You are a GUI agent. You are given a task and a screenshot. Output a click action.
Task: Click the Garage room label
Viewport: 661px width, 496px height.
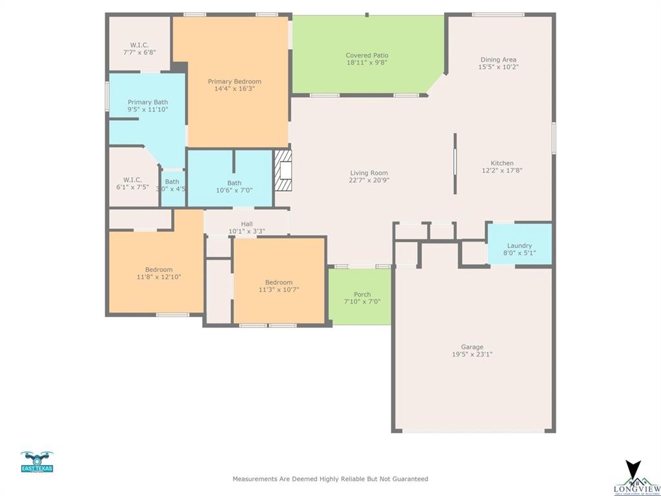coord(472,347)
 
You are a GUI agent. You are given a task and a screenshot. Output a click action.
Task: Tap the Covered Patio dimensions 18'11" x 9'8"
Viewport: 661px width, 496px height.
coord(367,63)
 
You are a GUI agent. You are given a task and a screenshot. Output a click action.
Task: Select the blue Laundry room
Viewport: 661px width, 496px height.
coord(519,244)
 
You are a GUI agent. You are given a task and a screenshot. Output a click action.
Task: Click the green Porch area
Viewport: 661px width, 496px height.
coord(360,296)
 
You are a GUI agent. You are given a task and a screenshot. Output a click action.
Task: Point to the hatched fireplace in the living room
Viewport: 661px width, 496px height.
coord(283,170)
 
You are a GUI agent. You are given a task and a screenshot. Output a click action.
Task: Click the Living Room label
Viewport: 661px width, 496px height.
coord(369,172)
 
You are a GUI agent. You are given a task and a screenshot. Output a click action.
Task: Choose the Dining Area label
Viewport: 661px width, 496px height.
coord(498,59)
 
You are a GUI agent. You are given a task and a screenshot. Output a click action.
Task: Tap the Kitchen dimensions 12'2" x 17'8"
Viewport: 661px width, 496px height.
coord(502,171)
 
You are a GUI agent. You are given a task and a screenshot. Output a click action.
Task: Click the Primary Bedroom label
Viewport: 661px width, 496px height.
coord(234,81)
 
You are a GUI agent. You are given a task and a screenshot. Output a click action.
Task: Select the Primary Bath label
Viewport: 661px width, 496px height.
coord(147,102)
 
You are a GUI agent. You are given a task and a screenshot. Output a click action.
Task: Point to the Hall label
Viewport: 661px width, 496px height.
coord(247,223)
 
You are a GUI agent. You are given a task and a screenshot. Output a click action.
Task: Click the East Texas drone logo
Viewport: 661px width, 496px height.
coord(37,462)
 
